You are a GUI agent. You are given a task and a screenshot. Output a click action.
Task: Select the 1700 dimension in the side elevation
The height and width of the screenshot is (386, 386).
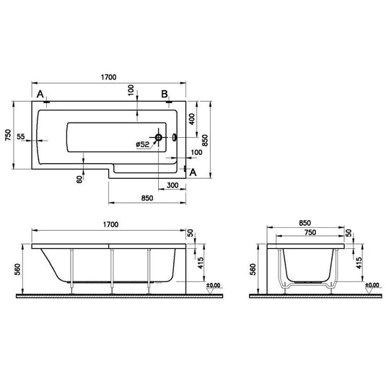[108, 225]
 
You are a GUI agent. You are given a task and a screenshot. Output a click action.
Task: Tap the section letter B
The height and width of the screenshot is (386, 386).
[165, 95]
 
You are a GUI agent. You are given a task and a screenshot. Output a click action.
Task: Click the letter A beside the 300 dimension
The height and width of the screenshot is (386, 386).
[192, 171]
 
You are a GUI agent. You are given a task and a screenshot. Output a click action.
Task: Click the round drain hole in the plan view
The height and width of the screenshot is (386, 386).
[158, 137]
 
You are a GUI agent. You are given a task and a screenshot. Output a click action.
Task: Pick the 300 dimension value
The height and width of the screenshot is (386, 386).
[172, 185]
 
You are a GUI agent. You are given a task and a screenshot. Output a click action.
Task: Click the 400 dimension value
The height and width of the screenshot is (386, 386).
[192, 118]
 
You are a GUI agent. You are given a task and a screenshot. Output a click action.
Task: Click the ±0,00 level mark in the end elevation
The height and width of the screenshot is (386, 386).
[372, 285]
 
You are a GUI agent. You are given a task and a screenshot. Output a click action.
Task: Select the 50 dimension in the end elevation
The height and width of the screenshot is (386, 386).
[348, 235]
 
